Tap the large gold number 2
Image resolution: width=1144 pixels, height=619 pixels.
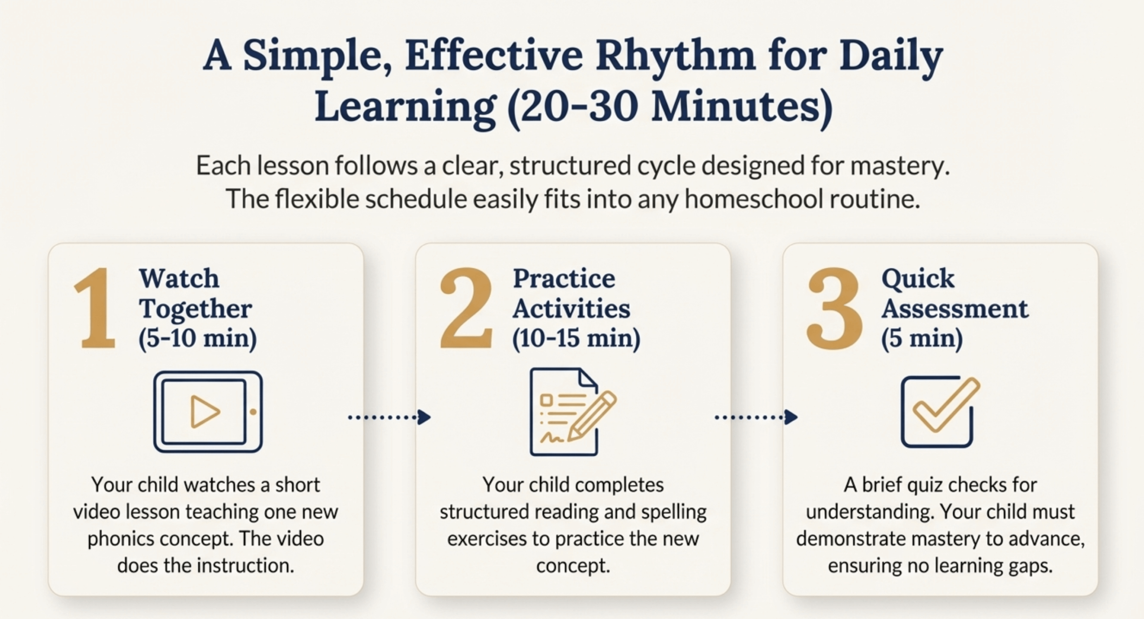[466, 309]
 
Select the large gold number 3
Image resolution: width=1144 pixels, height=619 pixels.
[834, 309]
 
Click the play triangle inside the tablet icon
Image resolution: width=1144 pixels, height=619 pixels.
[204, 411]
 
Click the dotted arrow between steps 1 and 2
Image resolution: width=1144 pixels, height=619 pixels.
[389, 417]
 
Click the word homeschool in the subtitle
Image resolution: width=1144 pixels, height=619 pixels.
[753, 199]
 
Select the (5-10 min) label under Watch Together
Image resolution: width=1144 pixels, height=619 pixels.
[198, 338]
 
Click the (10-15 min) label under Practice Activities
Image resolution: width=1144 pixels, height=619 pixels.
[576, 338]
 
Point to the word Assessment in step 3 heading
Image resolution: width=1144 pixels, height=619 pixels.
[955, 309]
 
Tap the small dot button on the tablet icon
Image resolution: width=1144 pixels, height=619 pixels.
[253, 412]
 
